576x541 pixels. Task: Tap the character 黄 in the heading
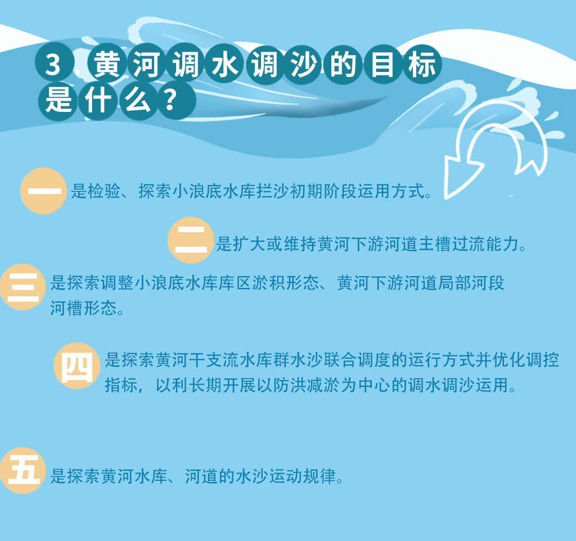tap(107, 64)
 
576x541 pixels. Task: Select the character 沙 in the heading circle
tap(303, 64)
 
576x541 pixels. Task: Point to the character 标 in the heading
tap(422, 64)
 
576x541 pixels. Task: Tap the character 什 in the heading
tap(98, 100)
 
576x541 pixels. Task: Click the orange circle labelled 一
tap(44, 191)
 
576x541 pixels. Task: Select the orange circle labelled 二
tap(191, 240)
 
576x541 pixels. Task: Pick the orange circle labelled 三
tap(22, 287)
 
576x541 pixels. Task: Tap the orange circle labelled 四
tap(76, 366)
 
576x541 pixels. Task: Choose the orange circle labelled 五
tap(22, 471)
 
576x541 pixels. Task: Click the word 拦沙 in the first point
tap(273, 191)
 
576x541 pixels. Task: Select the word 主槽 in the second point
tap(435, 244)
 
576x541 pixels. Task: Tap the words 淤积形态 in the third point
tap(286, 283)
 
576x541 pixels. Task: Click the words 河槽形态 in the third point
tap(83, 308)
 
